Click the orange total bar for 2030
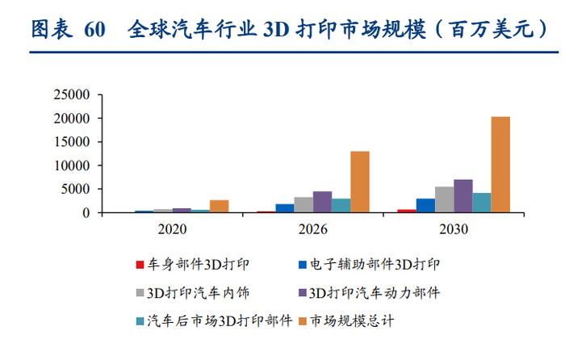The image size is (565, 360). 500,165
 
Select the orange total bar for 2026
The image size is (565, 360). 360,182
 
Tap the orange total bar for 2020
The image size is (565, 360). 219,207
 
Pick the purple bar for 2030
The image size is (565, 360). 462,196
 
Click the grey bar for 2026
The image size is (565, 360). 303,205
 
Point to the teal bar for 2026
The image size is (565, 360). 341,206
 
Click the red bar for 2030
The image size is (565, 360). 407,211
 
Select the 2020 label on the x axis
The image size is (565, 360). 172,229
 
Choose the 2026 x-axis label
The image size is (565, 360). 312,229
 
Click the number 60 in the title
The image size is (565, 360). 94,30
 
